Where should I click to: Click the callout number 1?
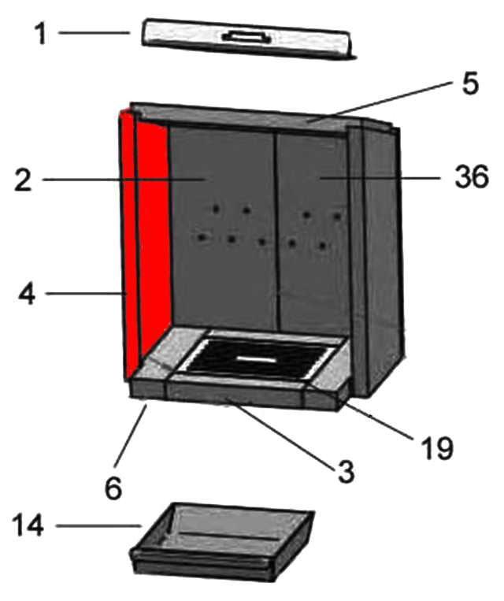pos(40,34)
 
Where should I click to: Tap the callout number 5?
pos(470,83)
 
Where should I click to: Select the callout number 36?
pos(472,176)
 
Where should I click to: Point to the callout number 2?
pos(23,180)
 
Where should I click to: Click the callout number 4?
pos(28,295)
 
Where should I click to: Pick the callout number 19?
pos(436,447)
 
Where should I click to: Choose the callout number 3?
pos(346,472)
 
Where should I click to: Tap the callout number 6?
pos(113,488)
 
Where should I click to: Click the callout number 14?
pos(28,525)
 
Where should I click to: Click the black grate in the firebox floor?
pos(255,358)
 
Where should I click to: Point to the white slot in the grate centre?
pos(256,359)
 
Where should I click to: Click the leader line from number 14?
pos(99,526)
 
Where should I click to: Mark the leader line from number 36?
pos(380,178)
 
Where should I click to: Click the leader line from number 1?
pos(94,33)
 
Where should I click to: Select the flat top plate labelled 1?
pos(248,39)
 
